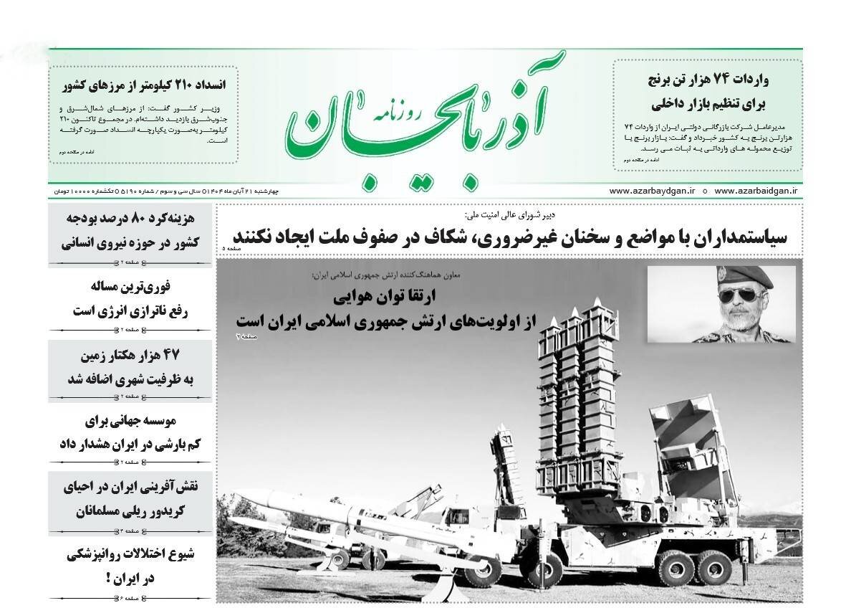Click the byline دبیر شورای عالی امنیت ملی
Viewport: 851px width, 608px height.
coord(509,214)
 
